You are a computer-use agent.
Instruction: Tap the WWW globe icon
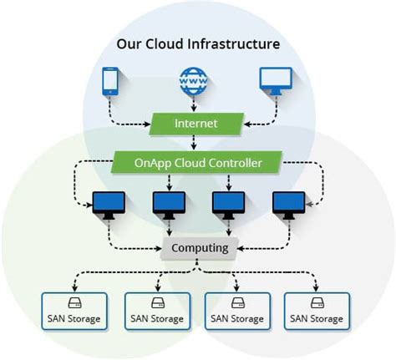point(194,81)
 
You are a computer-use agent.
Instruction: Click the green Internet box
point(195,124)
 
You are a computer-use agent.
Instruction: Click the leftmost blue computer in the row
point(108,205)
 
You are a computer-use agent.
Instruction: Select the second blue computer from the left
point(167,205)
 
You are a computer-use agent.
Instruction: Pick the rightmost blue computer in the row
point(287,205)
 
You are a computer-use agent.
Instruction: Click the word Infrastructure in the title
point(236,43)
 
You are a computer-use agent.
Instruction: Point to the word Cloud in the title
point(167,43)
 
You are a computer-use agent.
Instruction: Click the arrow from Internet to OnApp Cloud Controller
point(195,143)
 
